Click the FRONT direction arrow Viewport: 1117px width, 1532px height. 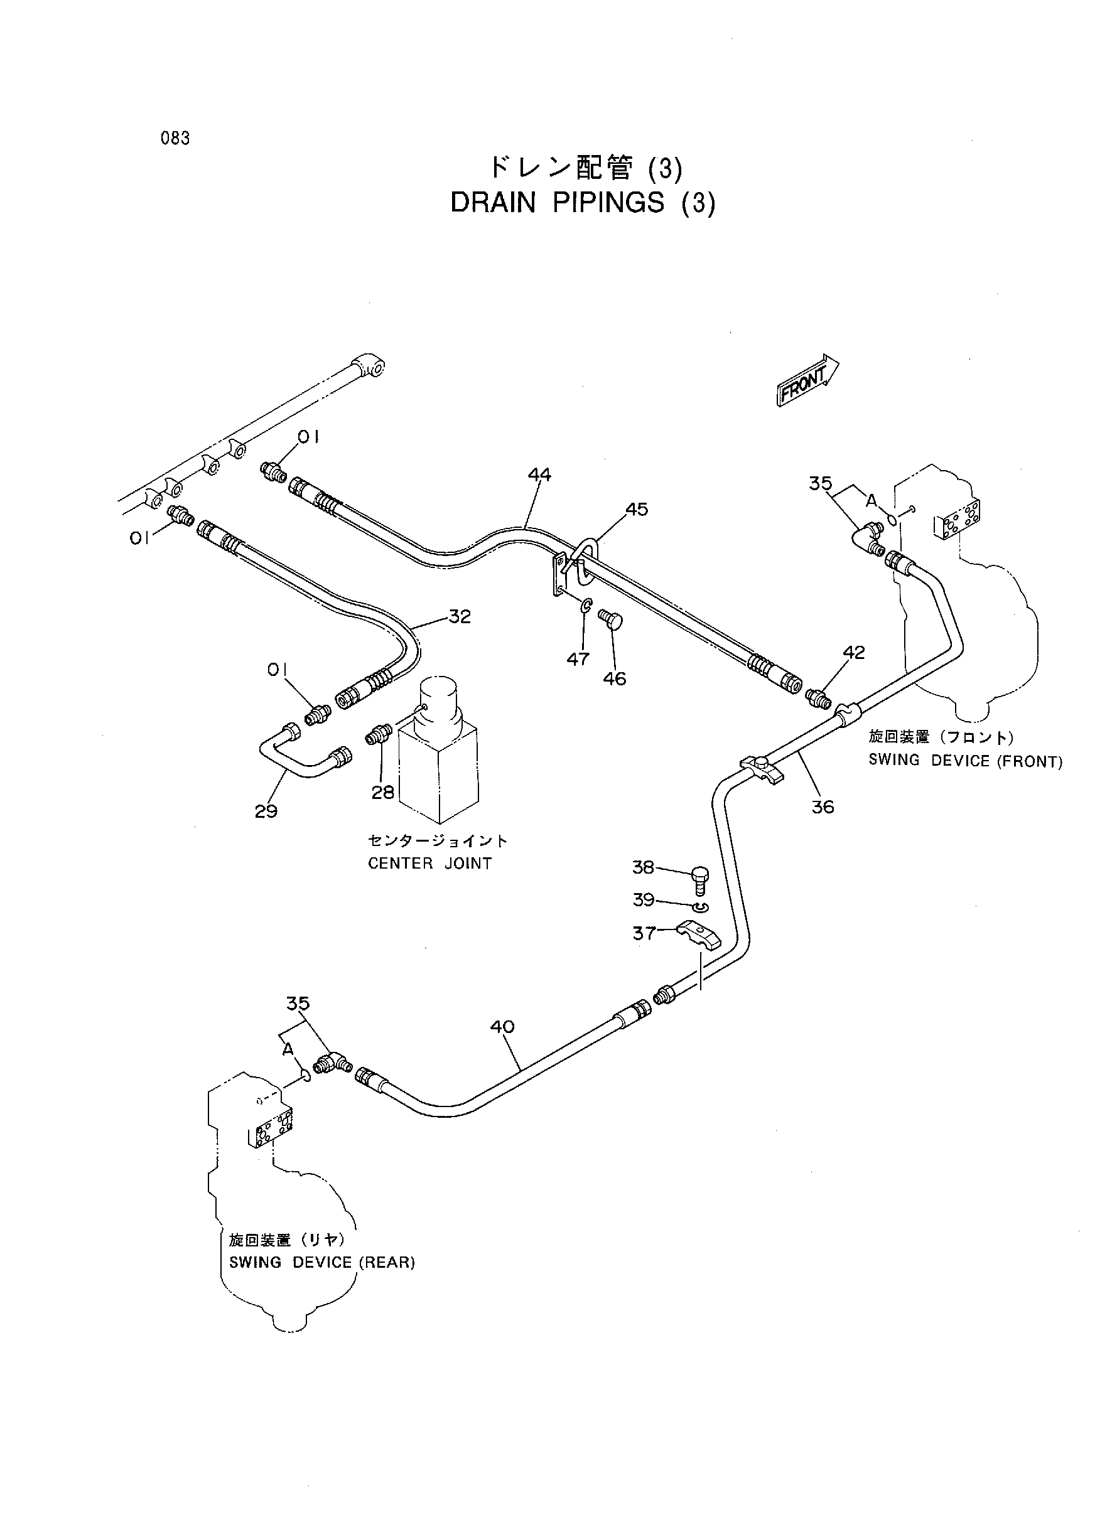pyautogui.click(x=807, y=380)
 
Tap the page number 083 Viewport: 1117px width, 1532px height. pyautogui.click(x=175, y=139)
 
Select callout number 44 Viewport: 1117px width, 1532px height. pyautogui.click(x=539, y=475)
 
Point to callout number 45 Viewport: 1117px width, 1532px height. pyautogui.click(x=636, y=509)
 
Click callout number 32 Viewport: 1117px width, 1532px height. pyautogui.click(x=459, y=616)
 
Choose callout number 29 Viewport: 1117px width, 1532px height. pyautogui.click(x=266, y=811)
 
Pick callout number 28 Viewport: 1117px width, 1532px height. pyautogui.click(x=383, y=792)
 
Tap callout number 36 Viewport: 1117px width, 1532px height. pyautogui.click(x=823, y=807)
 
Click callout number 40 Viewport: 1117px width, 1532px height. pyautogui.click(x=502, y=1027)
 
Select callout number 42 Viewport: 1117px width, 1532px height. pyautogui.click(x=854, y=652)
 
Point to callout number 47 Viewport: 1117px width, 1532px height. pyautogui.click(x=578, y=659)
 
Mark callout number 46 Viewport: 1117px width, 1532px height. pyautogui.click(x=615, y=678)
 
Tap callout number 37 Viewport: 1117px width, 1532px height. pyautogui.click(x=644, y=933)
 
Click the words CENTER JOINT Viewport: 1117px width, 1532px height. pyautogui.click(x=429, y=864)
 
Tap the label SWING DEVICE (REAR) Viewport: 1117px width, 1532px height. pyautogui.click(x=322, y=1261)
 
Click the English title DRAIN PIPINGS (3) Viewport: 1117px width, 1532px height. pyautogui.click(x=583, y=203)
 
